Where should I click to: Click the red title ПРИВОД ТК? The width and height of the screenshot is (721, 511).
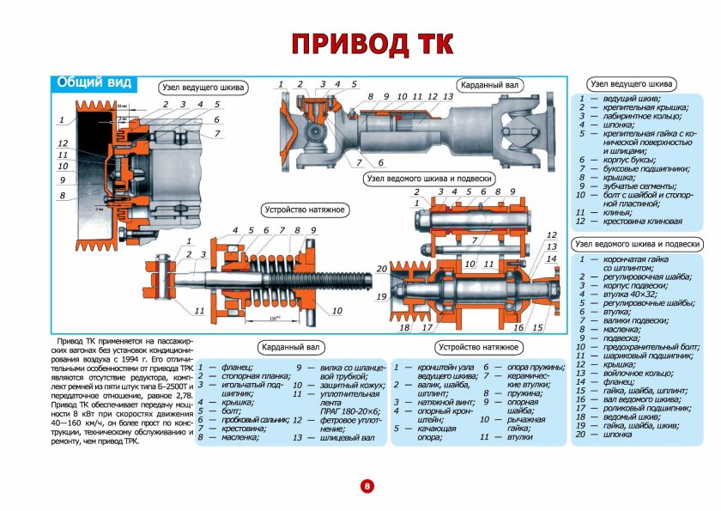(371, 44)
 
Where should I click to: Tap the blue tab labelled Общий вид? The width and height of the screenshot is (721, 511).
(94, 83)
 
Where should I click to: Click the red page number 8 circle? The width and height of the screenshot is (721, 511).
(367, 486)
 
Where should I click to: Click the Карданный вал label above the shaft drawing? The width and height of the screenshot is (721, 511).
(488, 86)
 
